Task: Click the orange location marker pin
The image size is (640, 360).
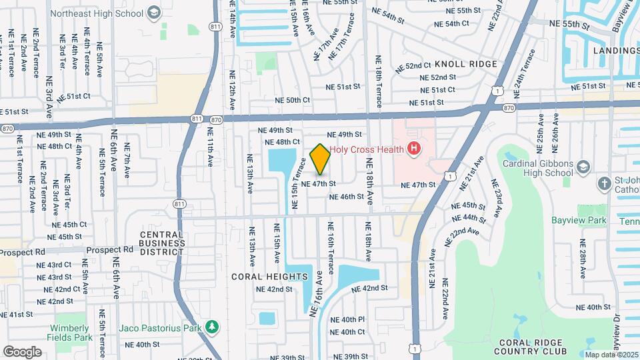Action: [320, 159]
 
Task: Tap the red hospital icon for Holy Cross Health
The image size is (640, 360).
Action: [415, 148]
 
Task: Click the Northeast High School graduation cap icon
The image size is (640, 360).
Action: [154, 12]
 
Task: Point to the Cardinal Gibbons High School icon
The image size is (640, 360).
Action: [583, 166]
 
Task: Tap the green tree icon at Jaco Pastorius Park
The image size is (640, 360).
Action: [212, 327]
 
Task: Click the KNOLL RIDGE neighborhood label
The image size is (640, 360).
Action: [466, 64]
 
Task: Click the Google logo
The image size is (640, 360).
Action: [22, 351]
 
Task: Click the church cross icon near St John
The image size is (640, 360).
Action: [604, 183]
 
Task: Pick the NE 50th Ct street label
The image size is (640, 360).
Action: [293, 100]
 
